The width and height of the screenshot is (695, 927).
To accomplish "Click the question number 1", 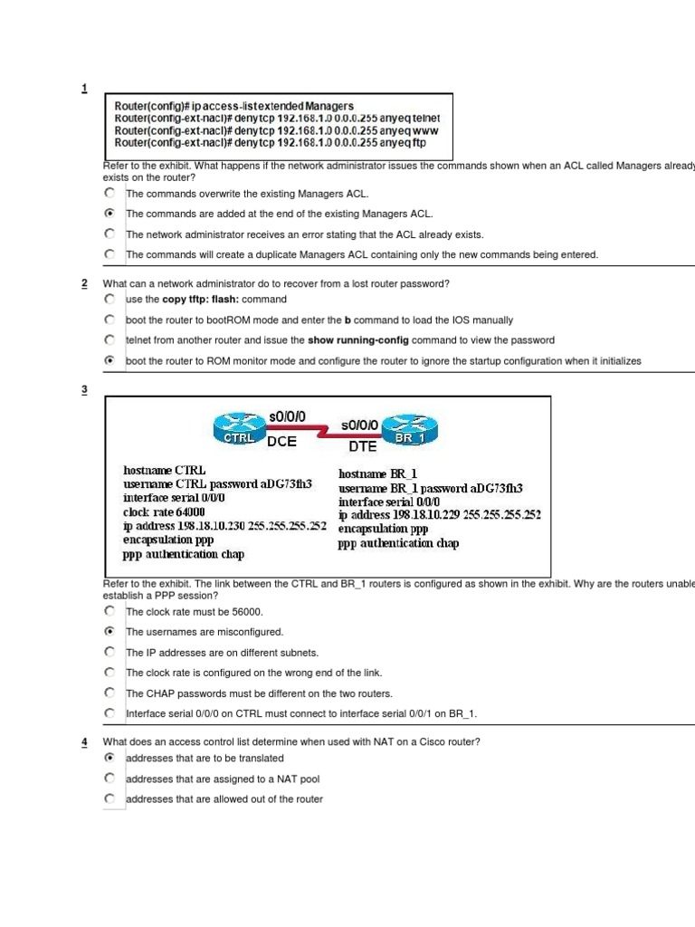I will tap(84, 88).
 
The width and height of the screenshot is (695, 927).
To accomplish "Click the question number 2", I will tap(84, 284).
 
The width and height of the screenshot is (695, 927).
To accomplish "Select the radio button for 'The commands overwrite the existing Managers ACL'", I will tap(109, 193).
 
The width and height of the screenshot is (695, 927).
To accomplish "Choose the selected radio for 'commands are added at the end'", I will tap(109, 214).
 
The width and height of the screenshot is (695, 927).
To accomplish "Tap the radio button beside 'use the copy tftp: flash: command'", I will tap(109, 298).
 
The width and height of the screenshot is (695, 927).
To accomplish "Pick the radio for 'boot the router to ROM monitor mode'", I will tap(109, 359).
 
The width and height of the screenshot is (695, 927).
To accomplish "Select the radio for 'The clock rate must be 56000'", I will tap(109, 611).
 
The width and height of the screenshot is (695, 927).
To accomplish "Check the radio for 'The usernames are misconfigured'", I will tap(109, 631).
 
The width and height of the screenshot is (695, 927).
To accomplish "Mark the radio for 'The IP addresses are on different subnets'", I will tap(109, 652).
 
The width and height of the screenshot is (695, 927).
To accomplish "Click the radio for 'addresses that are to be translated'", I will tap(109, 758).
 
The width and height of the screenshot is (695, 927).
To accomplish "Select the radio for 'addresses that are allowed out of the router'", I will tap(109, 798).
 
